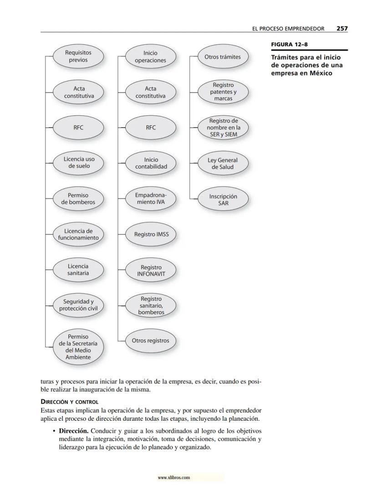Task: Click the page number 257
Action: [342, 28]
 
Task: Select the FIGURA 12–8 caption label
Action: [287, 44]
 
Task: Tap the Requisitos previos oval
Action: [78, 57]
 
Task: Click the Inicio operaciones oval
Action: [151, 57]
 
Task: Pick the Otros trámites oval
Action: [223, 57]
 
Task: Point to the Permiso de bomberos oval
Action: [78, 199]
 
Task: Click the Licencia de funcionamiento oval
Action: [78, 234]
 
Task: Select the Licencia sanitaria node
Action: [78, 269]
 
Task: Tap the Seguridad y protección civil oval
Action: [78, 305]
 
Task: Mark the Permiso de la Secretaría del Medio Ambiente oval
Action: [78, 347]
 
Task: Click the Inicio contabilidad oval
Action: [151, 163]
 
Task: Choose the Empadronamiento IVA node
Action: [151, 199]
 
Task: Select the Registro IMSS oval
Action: [151, 234]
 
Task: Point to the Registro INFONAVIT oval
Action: [151, 271]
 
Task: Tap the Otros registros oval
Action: [151, 341]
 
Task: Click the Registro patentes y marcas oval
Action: [223, 92]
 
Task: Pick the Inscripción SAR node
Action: [223, 200]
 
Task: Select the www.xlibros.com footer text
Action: [173, 478]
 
